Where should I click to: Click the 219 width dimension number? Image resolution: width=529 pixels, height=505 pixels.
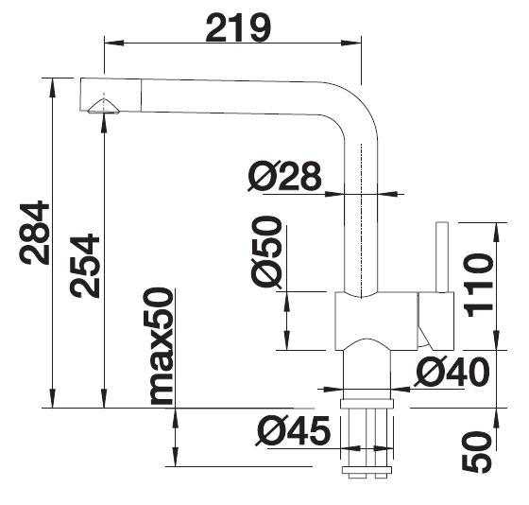pyautogui.click(x=238, y=28)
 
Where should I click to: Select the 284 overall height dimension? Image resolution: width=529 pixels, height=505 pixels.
pyautogui.click(x=34, y=233)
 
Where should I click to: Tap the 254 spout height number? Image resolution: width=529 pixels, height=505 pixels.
pyautogui.click(x=85, y=266)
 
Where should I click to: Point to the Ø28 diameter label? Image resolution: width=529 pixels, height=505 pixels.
pyautogui.click(x=284, y=176)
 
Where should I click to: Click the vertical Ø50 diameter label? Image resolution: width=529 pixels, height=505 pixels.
pyautogui.click(x=266, y=252)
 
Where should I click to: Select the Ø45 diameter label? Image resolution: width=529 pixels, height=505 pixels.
pyautogui.click(x=293, y=430)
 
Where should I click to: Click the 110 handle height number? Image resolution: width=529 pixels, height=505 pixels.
pyautogui.click(x=479, y=286)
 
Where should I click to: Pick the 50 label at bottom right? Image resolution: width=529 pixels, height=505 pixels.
pyautogui.click(x=476, y=452)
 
